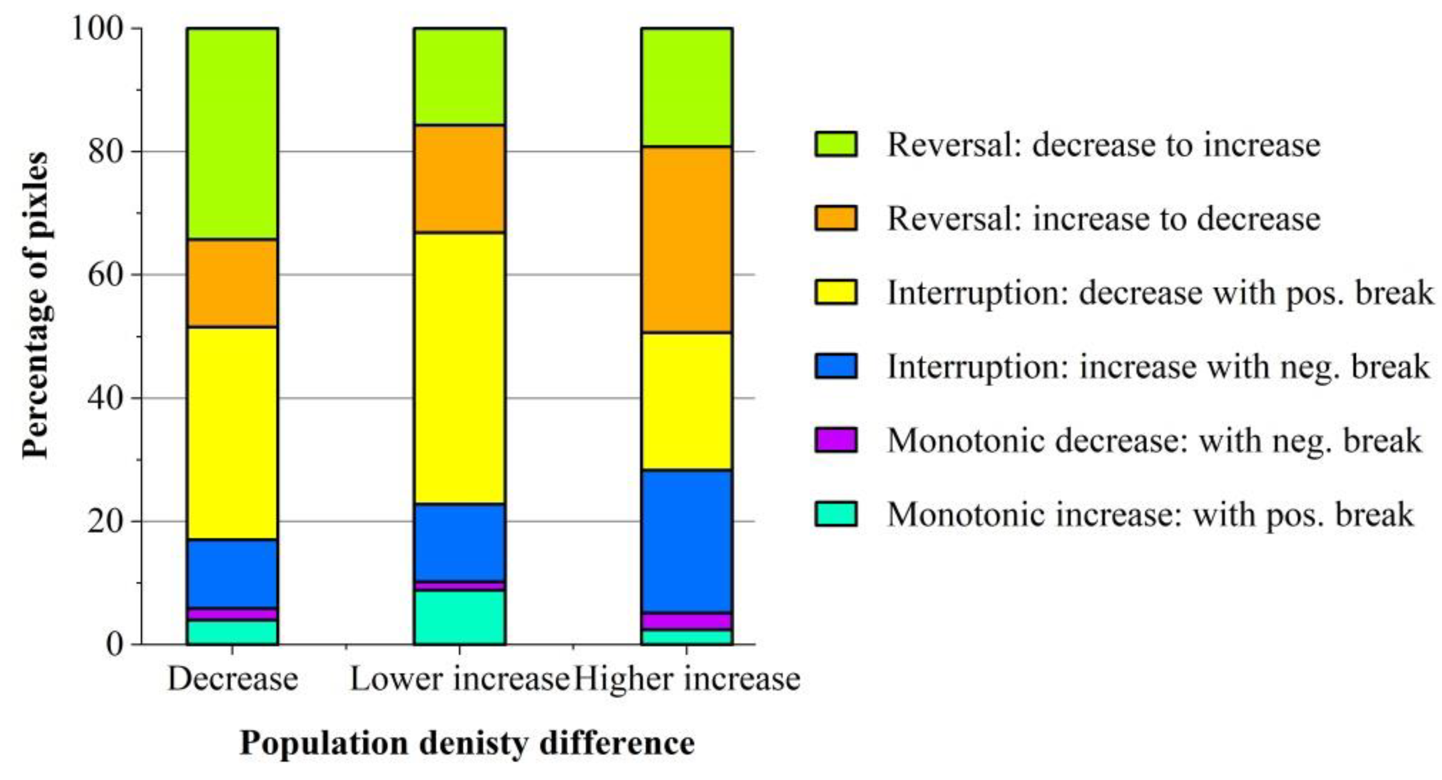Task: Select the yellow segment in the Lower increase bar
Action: click(460, 368)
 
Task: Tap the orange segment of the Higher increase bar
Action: click(687, 239)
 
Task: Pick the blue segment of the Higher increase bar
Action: click(687, 541)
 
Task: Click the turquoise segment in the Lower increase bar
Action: click(460, 617)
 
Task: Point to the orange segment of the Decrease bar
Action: click(232, 283)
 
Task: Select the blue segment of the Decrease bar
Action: click(232, 574)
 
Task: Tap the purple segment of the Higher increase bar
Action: click(687, 621)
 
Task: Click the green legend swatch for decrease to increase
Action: click(835, 144)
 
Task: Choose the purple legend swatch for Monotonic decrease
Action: click(835, 440)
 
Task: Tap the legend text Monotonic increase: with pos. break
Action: click(1150, 514)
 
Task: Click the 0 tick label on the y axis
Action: click(114, 645)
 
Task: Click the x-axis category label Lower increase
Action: click(459, 679)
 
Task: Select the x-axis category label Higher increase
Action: click(688, 679)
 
